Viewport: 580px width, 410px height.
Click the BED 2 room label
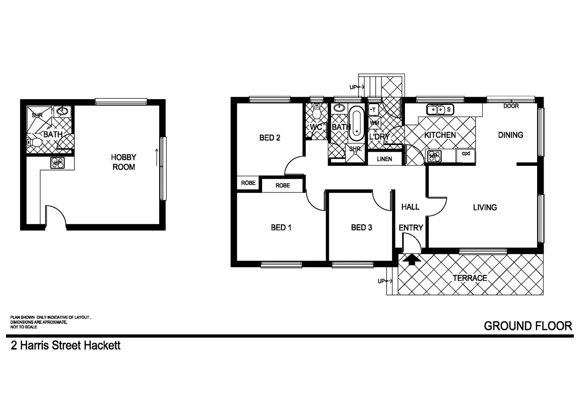(x=270, y=138)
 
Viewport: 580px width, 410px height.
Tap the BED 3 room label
(x=361, y=227)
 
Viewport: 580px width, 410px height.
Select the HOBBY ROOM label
(x=123, y=162)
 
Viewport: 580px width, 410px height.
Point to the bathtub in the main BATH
(x=356, y=123)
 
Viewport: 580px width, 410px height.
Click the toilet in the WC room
(x=316, y=112)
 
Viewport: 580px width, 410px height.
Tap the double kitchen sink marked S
(x=440, y=110)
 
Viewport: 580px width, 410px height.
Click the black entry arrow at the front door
(x=412, y=259)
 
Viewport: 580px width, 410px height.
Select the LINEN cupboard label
(x=384, y=159)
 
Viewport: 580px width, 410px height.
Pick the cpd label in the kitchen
(x=466, y=154)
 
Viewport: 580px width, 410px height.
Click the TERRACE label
(x=469, y=278)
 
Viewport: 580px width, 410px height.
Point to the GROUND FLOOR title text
(x=528, y=326)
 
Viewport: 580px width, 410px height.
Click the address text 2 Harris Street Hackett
(x=66, y=345)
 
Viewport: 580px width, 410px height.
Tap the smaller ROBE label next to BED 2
(x=248, y=183)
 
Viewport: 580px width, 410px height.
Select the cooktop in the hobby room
(x=57, y=163)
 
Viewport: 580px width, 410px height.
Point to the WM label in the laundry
(x=375, y=123)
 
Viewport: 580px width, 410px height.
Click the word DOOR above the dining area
(x=511, y=106)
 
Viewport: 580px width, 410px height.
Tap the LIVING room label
(x=485, y=207)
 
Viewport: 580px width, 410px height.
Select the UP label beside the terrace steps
(x=381, y=281)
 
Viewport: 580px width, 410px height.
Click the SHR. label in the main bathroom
(x=356, y=149)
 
